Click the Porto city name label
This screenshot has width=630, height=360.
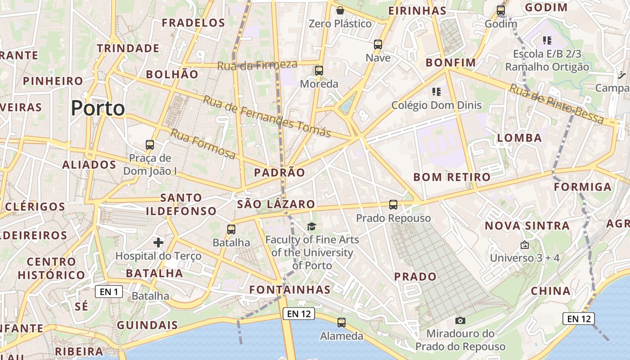point(98,108)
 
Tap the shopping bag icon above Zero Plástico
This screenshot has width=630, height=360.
point(340,10)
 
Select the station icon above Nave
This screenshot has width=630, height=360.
point(378,45)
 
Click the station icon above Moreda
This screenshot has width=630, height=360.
point(319,70)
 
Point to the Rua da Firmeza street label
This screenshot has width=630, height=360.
point(257,65)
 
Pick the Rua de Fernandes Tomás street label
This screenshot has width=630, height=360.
point(267,116)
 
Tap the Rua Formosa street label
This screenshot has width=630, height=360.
point(203,144)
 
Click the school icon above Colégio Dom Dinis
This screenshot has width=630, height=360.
point(436,92)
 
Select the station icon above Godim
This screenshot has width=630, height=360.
point(501,10)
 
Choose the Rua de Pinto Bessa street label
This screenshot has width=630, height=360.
point(557,104)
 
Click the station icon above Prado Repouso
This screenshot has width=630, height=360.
point(393,205)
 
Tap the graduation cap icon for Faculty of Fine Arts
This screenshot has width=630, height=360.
point(311,226)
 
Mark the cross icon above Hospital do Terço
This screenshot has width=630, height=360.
point(158,243)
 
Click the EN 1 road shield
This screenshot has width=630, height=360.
point(109,292)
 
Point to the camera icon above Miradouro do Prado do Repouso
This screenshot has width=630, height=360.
point(460,320)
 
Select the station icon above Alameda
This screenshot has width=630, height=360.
point(342,322)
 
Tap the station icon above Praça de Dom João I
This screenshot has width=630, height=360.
point(150,145)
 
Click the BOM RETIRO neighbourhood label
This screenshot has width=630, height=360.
point(452,177)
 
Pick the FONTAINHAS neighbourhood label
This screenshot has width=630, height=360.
point(290,289)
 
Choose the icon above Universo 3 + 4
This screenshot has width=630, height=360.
point(524,245)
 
